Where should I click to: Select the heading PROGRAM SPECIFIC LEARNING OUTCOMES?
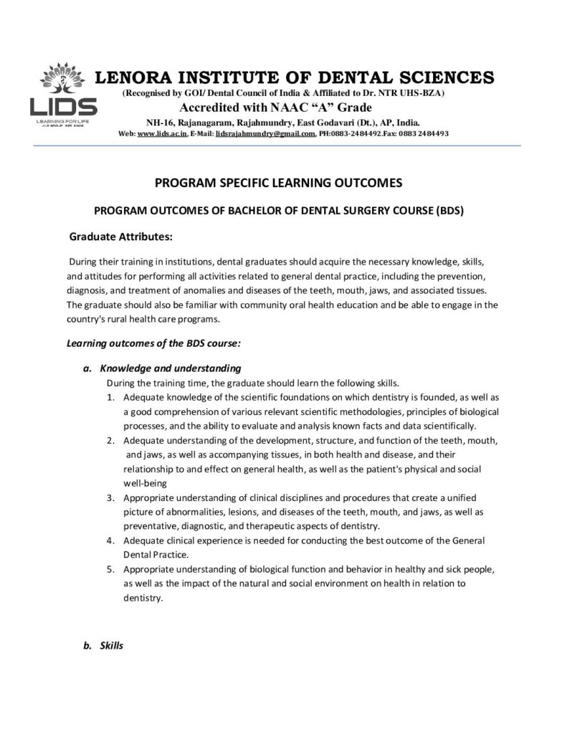pyautogui.click(x=279, y=183)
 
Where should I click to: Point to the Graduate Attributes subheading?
pyautogui.click(x=120, y=237)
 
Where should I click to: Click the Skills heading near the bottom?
pyautogui.click(x=112, y=645)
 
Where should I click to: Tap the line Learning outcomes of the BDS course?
pyautogui.click(x=153, y=343)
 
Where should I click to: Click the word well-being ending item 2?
pyautogui.click(x=145, y=483)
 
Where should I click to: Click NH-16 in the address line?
pyautogui.click(x=159, y=123)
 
